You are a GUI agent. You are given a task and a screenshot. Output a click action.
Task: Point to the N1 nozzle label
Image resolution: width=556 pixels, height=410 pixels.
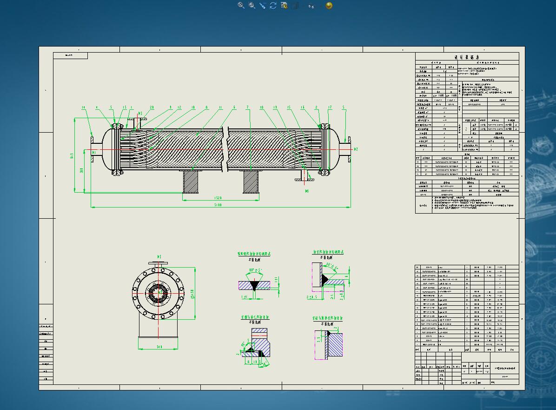[94, 152]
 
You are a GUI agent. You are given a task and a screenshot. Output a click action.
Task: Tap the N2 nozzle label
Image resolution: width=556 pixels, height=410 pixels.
[356, 149]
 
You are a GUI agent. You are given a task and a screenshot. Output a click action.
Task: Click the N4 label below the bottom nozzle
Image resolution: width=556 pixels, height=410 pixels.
[307, 191]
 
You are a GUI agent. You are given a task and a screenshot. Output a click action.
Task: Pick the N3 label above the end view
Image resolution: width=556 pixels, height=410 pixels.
[159, 256]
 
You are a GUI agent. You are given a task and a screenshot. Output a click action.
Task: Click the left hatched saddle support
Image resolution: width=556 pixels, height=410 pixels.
[191, 181]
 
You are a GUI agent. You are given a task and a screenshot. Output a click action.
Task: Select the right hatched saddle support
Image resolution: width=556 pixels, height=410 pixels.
[251, 181]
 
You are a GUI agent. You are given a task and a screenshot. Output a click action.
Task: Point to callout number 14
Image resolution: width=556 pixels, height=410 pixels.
[84, 108]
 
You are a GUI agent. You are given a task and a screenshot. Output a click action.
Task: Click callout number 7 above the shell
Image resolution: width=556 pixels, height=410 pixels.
[248, 108]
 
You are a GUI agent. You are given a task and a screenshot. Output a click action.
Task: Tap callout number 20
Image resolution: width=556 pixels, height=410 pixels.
[152, 108]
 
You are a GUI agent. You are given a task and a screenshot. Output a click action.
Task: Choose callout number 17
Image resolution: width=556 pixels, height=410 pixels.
[330, 108]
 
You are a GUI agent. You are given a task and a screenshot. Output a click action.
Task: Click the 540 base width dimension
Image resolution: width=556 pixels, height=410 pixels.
[158, 347]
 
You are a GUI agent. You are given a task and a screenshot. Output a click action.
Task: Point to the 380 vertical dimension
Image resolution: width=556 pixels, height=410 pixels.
[82, 171]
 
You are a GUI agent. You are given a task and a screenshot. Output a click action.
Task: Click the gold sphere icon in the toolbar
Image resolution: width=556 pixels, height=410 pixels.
[329, 6]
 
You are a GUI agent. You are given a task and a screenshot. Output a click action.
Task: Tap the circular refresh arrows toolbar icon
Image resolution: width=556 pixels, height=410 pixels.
[273, 6]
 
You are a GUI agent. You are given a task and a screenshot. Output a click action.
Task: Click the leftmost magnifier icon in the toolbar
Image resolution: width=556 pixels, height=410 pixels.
[241, 6]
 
